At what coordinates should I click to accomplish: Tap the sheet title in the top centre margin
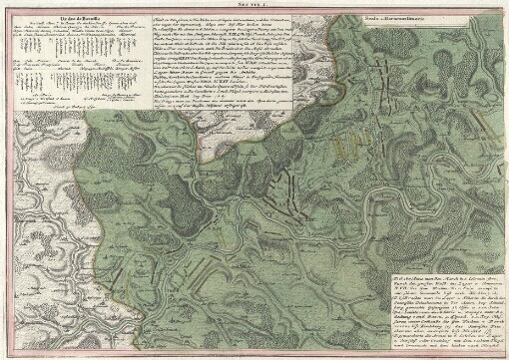[x=255, y=5]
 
